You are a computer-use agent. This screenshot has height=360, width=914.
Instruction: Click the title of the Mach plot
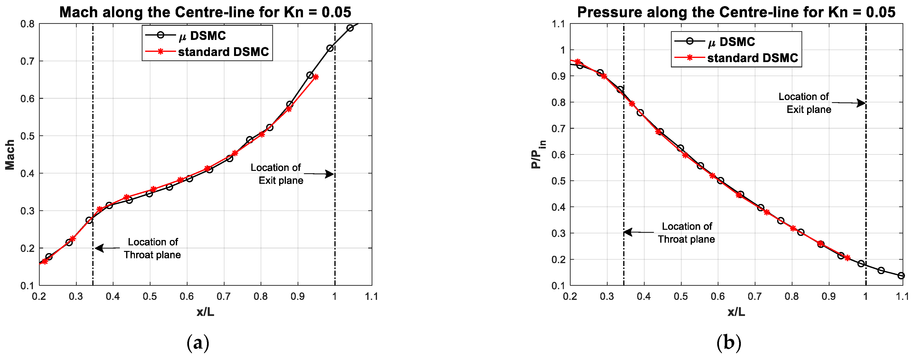[205, 12]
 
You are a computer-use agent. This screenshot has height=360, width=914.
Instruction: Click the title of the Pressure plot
[736, 12]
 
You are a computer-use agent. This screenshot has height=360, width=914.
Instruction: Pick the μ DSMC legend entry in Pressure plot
[731, 42]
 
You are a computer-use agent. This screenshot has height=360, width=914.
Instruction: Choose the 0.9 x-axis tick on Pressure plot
[829, 296]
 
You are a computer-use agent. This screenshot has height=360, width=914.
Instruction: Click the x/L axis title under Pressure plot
[736, 312]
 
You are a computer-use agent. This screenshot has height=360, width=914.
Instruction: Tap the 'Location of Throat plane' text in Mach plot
[152, 248]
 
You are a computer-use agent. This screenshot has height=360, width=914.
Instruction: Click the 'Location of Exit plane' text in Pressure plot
[805, 103]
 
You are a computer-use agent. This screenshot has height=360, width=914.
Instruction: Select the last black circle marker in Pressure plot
[901, 276]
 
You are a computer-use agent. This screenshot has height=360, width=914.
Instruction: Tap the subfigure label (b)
[729, 343]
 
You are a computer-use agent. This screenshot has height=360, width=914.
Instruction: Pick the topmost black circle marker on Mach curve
[350, 28]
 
